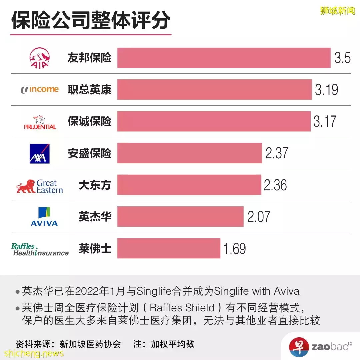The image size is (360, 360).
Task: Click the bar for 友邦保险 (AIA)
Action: (x=224, y=58)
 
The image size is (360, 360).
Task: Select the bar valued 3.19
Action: (x=214, y=90)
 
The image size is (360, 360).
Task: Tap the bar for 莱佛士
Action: (x=169, y=248)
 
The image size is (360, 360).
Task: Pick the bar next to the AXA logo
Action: (x=189, y=153)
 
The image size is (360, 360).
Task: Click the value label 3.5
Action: (x=342, y=58)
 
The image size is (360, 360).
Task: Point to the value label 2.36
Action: (x=275, y=185)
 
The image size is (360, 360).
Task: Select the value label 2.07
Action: (x=259, y=217)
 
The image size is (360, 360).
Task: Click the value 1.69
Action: (x=235, y=248)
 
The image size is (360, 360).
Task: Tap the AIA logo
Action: (x=39, y=58)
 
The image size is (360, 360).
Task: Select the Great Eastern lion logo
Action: (x=26, y=186)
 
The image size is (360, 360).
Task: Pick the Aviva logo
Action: (x=44, y=217)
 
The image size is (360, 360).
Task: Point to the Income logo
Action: (x=40, y=89)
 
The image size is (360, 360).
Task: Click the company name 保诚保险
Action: (x=89, y=121)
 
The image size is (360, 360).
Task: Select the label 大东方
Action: (x=95, y=185)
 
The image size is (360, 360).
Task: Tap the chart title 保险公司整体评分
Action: (x=91, y=21)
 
